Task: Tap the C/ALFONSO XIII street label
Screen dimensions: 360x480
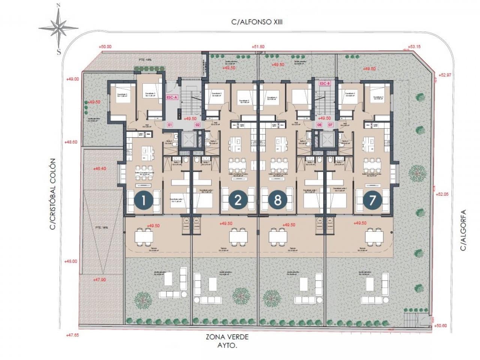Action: pyautogui.click(x=257, y=22)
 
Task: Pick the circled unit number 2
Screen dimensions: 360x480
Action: pyautogui.click(x=238, y=200)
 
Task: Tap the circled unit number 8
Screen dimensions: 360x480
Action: pyautogui.click(x=277, y=200)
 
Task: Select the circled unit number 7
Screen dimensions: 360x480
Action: pyautogui.click(x=372, y=200)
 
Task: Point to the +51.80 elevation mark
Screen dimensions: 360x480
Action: pyautogui.click(x=258, y=47)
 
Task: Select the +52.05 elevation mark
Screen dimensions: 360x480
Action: pyautogui.click(x=443, y=194)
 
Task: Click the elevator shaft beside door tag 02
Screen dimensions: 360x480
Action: pyautogui.click(x=186, y=139)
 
